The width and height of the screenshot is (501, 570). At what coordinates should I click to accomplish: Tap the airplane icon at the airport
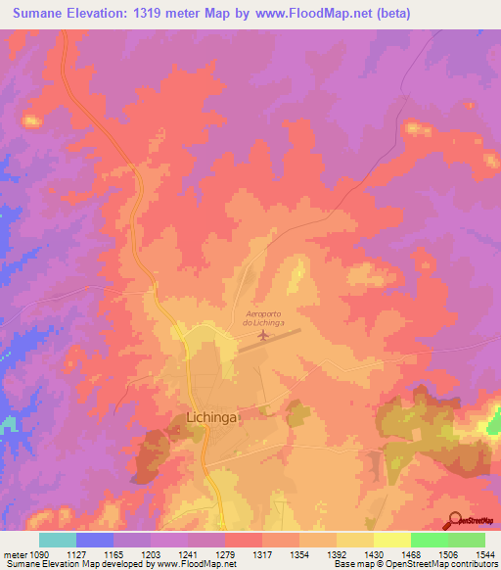(263, 336)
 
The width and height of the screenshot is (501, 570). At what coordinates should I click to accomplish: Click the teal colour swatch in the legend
(57, 540)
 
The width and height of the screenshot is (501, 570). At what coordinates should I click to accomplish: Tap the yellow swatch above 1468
(392, 540)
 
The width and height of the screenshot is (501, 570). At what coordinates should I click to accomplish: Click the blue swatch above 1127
(94, 540)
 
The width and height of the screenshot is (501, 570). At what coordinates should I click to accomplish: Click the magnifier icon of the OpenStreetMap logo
(452, 520)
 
